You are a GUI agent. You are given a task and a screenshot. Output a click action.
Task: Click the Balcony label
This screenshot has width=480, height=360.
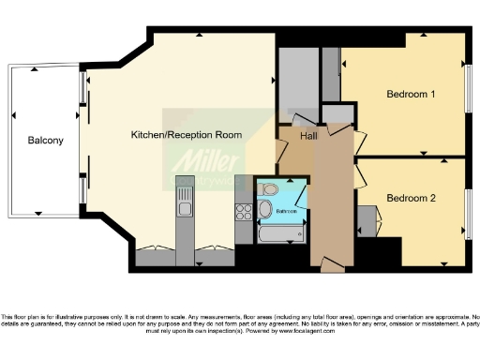[45, 141]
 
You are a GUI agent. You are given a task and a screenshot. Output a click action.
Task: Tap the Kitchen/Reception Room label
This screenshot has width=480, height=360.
[186, 135]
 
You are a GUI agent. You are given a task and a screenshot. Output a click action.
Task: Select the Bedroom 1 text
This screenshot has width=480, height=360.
[411, 95]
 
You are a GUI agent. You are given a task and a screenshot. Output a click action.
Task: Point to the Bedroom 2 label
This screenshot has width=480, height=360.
[411, 198]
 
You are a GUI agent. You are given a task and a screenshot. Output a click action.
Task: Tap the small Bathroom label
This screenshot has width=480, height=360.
[286, 211]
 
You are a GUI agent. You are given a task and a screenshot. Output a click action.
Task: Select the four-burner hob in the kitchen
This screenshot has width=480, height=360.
[242, 210]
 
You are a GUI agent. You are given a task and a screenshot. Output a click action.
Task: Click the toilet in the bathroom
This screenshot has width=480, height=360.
[266, 208]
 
